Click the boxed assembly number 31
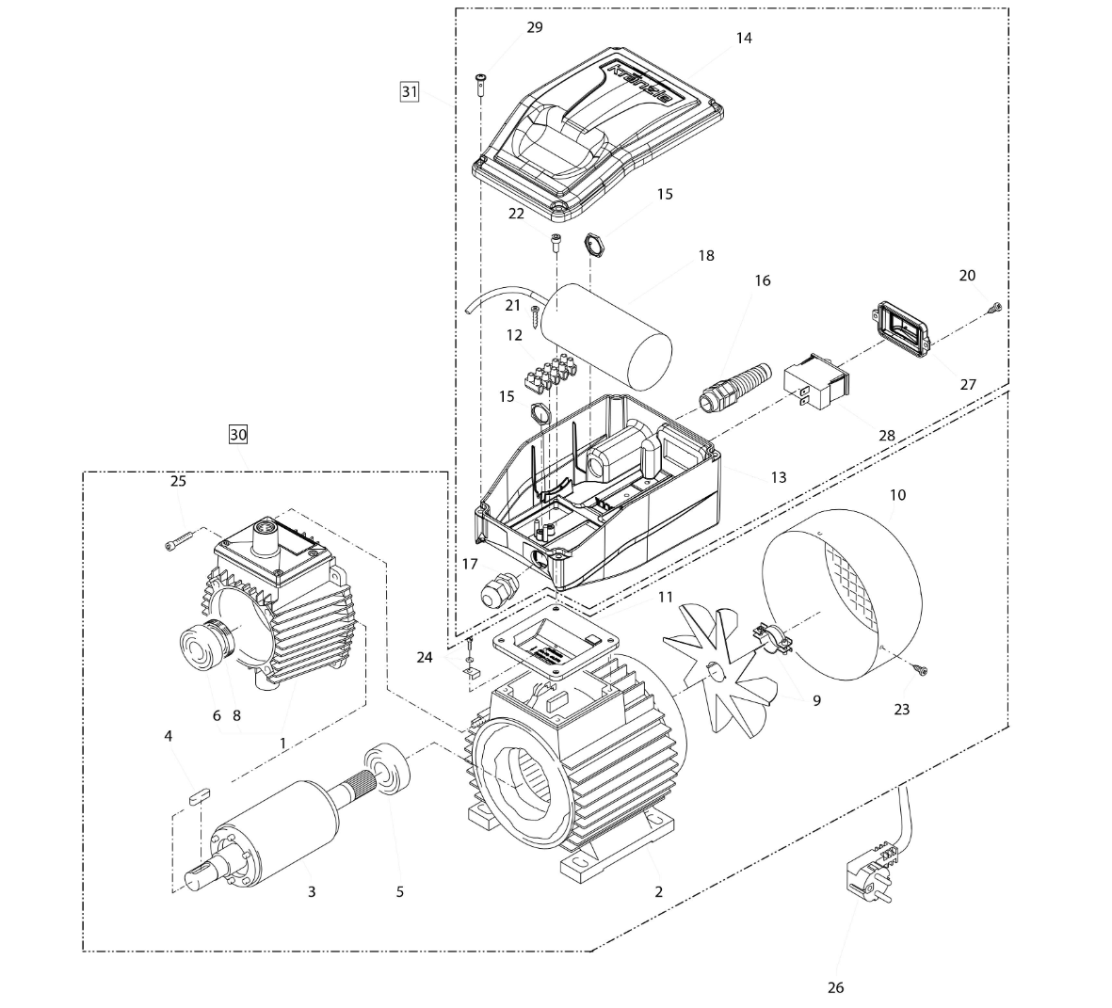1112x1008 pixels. point(409,91)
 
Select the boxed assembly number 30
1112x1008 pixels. point(238,434)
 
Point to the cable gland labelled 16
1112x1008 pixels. point(735,385)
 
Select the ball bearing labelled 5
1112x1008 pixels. point(387,768)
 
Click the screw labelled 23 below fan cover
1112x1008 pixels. point(922,670)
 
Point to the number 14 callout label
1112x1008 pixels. point(744,38)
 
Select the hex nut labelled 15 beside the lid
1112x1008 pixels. point(595,243)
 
